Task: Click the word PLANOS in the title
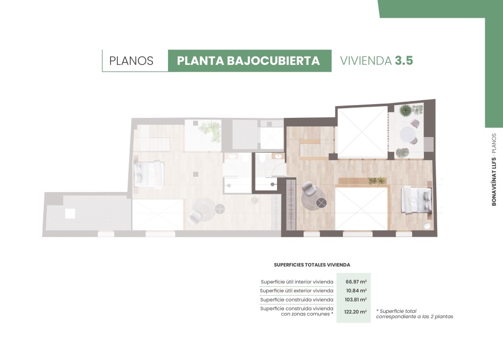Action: pos(131,60)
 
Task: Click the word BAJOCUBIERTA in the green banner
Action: pos(273,60)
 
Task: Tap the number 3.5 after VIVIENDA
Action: pos(404,60)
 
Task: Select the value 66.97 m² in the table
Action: pos(356,282)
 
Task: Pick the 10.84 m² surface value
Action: pos(356,291)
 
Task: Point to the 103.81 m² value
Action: pos(356,300)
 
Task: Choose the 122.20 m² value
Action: pos(356,311)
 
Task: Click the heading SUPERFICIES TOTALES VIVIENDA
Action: pos(312,265)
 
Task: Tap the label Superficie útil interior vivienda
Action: pos(297,282)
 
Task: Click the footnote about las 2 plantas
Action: pos(415,314)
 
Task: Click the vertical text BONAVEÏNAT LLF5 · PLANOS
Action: pos(494,169)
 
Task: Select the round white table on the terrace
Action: pos(407,135)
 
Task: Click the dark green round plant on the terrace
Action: pos(405,111)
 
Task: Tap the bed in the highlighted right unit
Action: pos(416,201)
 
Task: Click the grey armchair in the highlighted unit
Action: pos(308,189)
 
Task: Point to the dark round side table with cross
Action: pos(321,202)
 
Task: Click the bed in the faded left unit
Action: pos(149,173)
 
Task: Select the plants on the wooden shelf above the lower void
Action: pos(377,181)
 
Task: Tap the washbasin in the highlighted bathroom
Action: pos(278,156)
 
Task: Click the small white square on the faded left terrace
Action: pos(70,213)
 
